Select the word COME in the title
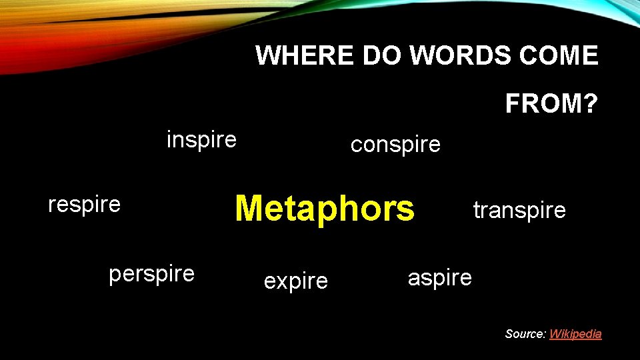(x=564, y=55)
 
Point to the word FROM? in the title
(x=552, y=104)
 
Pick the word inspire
(x=201, y=140)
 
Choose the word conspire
(x=395, y=144)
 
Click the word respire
(x=85, y=204)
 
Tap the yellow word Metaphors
(x=325, y=208)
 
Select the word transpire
(x=519, y=211)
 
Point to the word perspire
(x=152, y=273)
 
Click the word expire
(x=296, y=281)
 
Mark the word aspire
(x=440, y=277)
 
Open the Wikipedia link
(x=575, y=334)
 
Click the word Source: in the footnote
(x=525, y=334)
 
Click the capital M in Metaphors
(x=250, y=208)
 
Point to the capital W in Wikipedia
(x=555, y=334)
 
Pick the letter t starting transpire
(x=476, y=211)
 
